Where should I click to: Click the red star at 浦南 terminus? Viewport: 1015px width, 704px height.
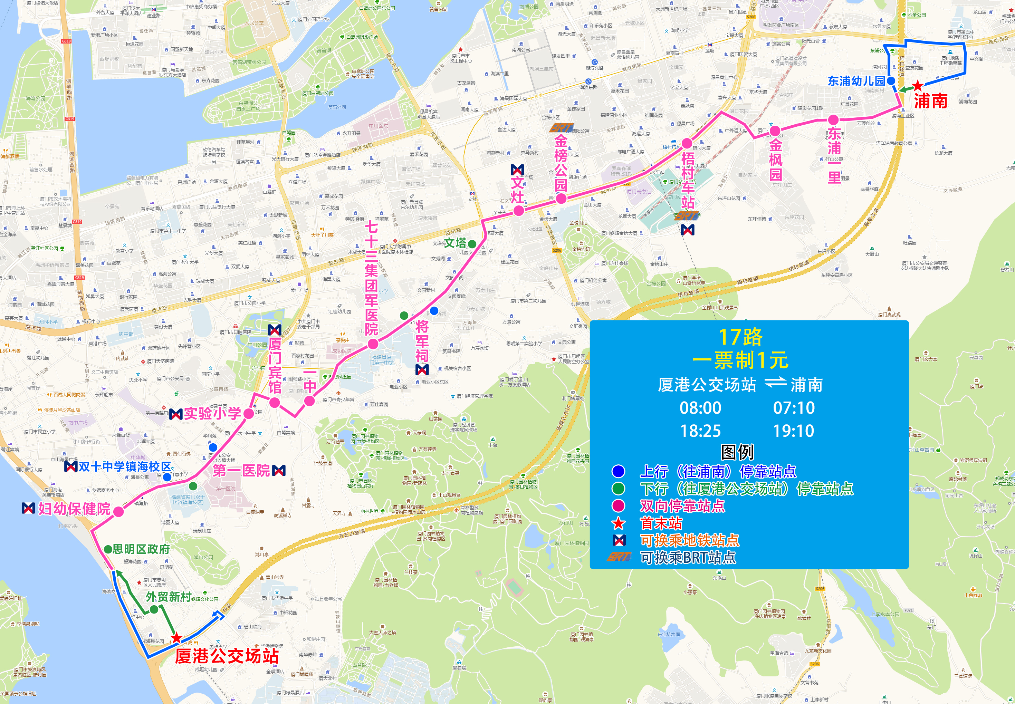918,86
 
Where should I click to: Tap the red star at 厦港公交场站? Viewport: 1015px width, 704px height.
177,638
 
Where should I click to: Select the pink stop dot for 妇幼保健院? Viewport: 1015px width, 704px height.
118,512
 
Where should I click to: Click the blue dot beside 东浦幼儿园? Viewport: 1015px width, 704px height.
891,81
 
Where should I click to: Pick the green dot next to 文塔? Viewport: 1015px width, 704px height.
472,244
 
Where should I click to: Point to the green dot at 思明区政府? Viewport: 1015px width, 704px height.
108,549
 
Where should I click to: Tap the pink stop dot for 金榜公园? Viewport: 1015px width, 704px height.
561,199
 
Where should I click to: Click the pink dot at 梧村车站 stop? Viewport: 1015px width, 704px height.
687,143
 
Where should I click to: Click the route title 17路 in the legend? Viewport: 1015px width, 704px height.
741,337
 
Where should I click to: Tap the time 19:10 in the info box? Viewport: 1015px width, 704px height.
794,431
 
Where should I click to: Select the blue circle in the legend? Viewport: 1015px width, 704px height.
619,472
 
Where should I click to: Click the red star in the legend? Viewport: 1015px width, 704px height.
619,523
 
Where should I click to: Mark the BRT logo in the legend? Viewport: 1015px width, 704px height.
619,557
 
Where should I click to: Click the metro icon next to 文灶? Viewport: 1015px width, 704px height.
517,170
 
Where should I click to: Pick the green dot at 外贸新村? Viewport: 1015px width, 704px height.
153,609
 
